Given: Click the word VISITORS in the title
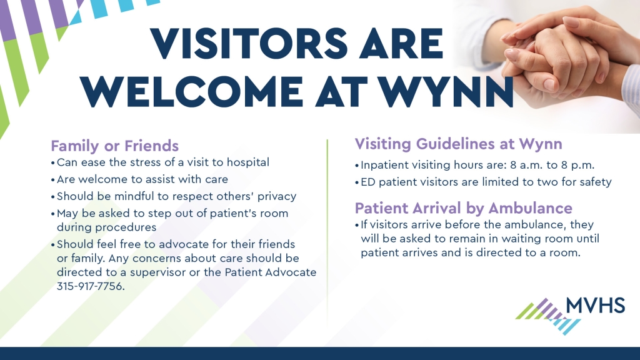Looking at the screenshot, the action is tap(249, 44).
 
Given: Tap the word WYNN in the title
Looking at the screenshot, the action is tap(446, 92).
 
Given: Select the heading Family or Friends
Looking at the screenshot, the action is tap(115, 146).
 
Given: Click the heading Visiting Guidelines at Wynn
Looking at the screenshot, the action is tap(458, 144).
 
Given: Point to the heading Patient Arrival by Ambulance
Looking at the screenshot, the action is tap(463, 207).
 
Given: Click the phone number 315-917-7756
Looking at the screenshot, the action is tap(91, 286).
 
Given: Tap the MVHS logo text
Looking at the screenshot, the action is tap(596, 305).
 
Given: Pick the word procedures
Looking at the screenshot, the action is tap(106, 227).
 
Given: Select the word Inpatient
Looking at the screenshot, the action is tap(384, 165).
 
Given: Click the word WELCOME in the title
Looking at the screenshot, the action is tap(192, 92).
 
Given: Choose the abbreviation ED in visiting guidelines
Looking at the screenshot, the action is tap(367, 182).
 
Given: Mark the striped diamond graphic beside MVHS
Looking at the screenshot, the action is tap(548, 316).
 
